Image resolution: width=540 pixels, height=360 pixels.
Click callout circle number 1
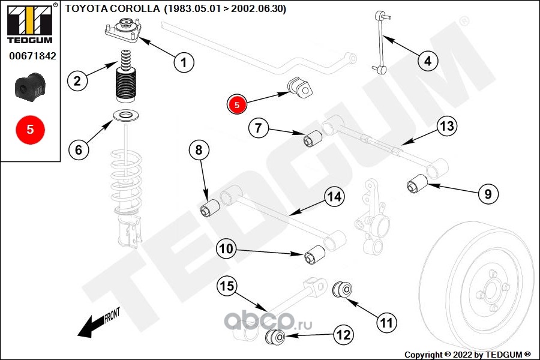184,61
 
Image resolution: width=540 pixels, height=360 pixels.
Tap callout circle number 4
427,61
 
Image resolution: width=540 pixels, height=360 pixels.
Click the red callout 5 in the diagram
237,104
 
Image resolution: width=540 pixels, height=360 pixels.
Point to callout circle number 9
488,194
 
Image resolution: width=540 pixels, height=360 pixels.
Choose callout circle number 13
446,127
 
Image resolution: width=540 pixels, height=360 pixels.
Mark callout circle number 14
334,196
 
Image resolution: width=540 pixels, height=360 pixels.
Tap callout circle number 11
387,323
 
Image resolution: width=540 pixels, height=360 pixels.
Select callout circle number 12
343,335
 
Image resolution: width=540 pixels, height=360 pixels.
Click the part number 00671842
32,56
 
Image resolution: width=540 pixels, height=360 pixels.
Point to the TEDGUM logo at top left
29,24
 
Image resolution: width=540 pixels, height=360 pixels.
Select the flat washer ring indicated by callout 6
127,115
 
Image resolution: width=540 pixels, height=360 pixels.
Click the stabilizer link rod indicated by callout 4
378,42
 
